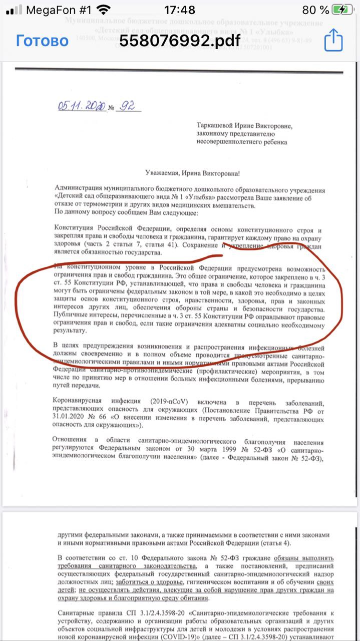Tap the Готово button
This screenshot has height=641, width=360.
pos(42,41)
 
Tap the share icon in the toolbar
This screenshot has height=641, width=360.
pos(333,40)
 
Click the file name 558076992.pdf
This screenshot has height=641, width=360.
pos(180,41)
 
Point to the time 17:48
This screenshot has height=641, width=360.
pos(180,10)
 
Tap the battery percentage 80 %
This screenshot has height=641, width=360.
pos(315,10)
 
